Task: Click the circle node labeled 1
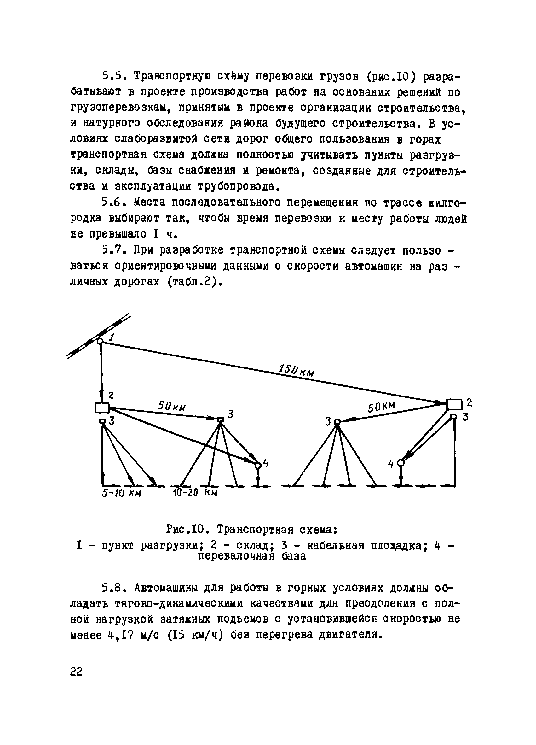point(101,341)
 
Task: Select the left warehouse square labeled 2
point(102,408)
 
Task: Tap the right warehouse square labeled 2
point(454,404)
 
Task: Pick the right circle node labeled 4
point(400,463)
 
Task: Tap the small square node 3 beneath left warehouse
point(102,421)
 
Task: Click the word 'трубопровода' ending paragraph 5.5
point(238,187)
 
